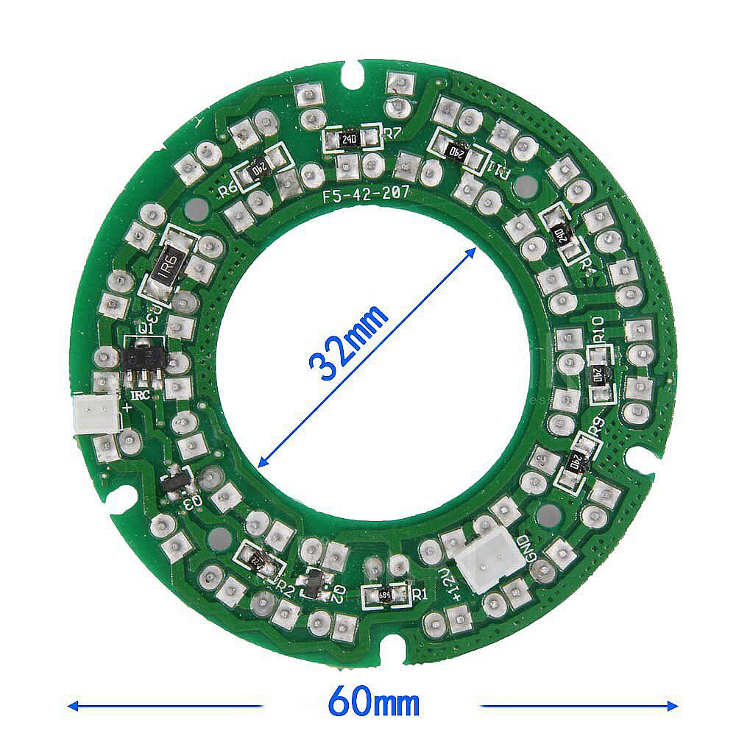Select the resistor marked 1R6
[x=169, y=264]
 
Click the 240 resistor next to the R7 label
[x=350, y=138]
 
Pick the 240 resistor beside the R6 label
[x=260, y=168]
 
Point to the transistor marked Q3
[x=175, y=484]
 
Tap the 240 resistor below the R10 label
[x=600, y=373]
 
